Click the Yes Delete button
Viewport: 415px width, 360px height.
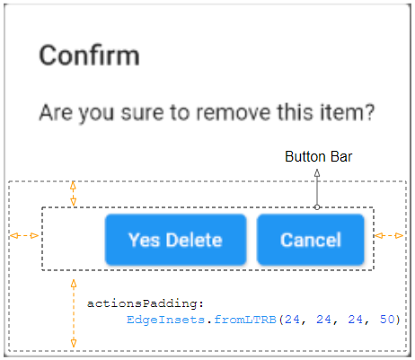tap(176, 240)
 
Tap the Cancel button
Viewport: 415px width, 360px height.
tap(311, 240)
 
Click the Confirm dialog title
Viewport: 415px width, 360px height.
tap(89, 56)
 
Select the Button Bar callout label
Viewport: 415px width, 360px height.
tap(318, 157)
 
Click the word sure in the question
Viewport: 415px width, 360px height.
tap(143, 113)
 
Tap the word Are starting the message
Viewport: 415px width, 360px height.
tap(56, 112)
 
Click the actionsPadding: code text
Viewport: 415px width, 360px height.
tap(146, 303)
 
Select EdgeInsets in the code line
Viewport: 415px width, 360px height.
tap(165, 320)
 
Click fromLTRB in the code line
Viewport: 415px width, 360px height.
tap(245, 320)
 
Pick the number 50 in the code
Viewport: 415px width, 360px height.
tap(387, 320)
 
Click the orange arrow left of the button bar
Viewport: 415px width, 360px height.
tap(24, 236)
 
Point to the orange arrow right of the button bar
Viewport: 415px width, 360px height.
tap(389, 236)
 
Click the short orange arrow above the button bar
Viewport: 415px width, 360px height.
tap(73, 194)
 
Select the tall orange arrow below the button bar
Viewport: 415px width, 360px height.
tap(74, 313)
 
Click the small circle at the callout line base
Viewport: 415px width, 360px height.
tap(317, 207)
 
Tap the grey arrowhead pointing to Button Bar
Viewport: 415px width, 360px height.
tap(317, 173)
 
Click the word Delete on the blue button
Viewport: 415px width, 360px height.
tap(194, 240)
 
